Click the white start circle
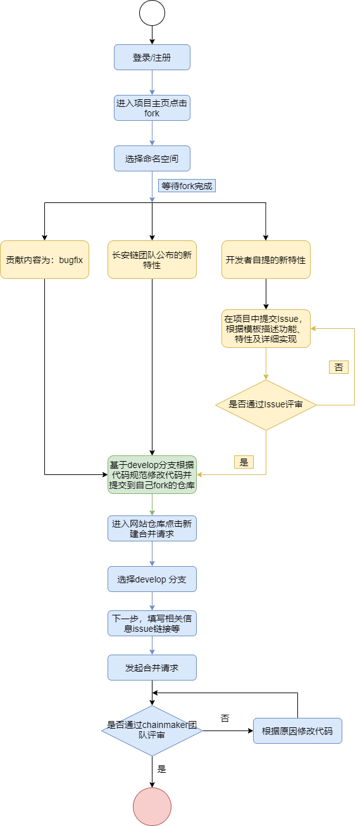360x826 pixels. (x=152, y=13)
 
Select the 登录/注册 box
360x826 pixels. (x=152, y=57)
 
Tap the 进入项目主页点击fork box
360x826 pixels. (x=152, y=108)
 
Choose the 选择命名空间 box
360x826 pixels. (x=152, y=158)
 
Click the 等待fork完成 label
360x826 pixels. (x=187, y=186)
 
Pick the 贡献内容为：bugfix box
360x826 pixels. (x=44, y=259)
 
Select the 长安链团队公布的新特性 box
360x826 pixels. (x=152, y=259)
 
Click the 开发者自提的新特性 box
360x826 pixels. (x=266, y=259)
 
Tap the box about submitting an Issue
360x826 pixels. (x=266, y=328)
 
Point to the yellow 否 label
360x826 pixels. (x=338, y=367)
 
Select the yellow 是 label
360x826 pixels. (x=244, y=462)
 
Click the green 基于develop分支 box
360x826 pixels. (x=152, y=474)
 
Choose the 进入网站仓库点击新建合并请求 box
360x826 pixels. (x=152, y=528)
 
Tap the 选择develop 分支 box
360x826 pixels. (x=152, y=579)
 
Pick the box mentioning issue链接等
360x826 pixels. (x=152, y=623)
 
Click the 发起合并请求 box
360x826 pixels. (x=152, y=667)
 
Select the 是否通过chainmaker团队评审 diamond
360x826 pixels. (x=152, y=730)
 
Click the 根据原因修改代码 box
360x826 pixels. (x=297, y=730)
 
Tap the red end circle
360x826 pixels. (x=152, y=806)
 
